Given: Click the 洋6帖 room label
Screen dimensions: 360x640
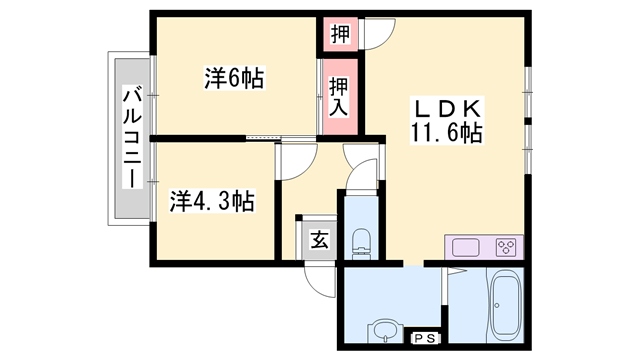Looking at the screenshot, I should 237,79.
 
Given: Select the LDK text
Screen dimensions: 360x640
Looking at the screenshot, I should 445,107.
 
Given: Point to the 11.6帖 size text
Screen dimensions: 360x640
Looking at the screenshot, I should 445,133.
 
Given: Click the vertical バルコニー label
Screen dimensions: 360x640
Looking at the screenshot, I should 131,137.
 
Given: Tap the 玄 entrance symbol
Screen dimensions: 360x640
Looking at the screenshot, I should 318,240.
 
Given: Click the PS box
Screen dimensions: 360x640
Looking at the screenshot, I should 425,338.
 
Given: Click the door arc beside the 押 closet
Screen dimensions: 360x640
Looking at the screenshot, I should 378,33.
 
